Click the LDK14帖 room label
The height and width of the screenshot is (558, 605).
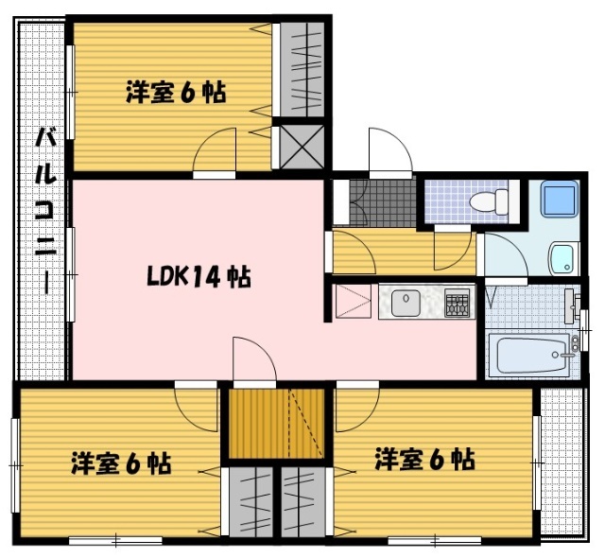(x=199, y=277)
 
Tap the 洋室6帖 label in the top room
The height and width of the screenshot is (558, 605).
(x=176, y=93)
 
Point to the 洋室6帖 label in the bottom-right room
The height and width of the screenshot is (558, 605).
(x=423, y=461)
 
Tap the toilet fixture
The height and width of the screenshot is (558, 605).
(x=491, y=201)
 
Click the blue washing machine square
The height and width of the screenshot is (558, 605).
(x=557, y=200)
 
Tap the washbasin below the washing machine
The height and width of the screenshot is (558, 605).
(x=563, y=256)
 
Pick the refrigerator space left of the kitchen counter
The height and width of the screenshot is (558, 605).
(x=354, y=302)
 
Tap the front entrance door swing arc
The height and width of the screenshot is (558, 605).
(x=389, y=151)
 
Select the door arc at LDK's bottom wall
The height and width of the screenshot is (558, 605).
(x=253, y=360)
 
